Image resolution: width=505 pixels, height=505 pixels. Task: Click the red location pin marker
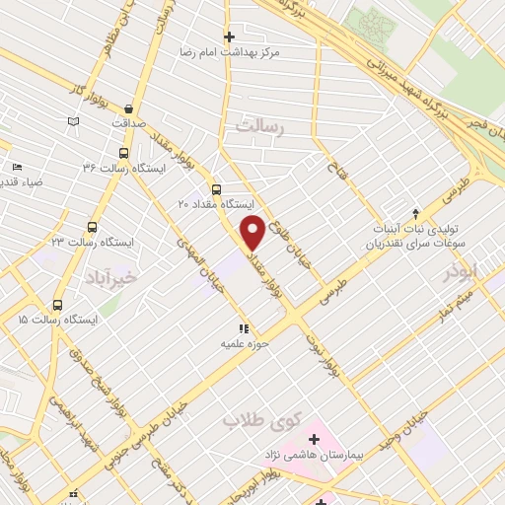tap(253, 233)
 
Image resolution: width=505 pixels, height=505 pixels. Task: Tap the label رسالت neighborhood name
tap(259, 126)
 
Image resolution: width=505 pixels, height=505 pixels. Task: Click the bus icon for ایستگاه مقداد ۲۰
tap(217, 189)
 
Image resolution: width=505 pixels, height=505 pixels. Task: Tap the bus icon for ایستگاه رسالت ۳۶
tap(123, 153)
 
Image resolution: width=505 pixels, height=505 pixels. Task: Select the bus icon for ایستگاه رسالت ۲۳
tap(93, 227)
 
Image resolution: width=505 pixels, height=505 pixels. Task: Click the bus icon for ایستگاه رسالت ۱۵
tap(57, 305)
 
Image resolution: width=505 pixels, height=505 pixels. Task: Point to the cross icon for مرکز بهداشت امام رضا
tap(229, 36)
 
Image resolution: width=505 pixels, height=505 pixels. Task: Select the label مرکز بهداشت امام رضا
tap(229, 50)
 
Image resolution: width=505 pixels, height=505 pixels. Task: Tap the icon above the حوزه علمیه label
tap(242, 329)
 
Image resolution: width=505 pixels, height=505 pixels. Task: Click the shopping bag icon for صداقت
tap(131, 109)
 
